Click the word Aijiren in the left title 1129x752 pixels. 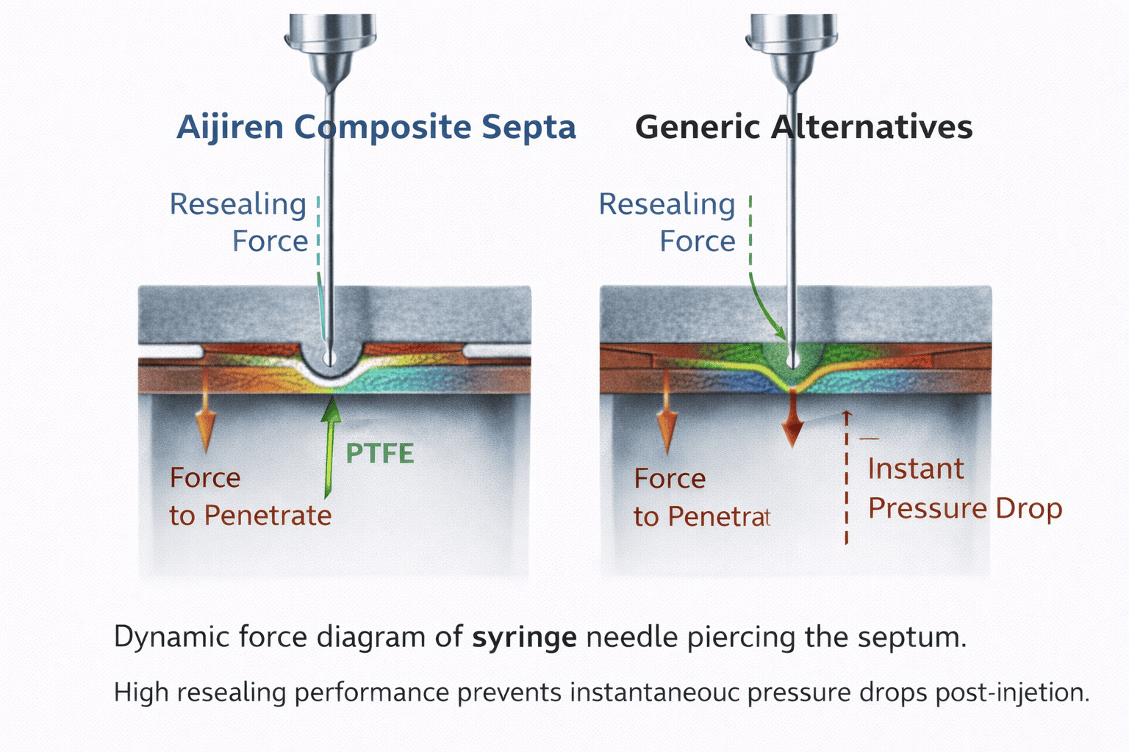pyautogui.click(x=229, y=127)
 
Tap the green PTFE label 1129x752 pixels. pyautogui.click(x=379, y=454)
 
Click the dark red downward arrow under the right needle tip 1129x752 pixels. pyautogui.click(x=792, y=422)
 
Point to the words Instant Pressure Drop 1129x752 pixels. pyautogui.click(x=964, y=488)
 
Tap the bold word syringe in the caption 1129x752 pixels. pyautogui.click(x=524, y=637)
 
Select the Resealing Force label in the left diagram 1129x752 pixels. pyautogui.click(x=240, y=222)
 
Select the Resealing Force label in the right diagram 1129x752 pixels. pyautogui.click(x=667, y=222)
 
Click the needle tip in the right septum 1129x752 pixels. pyautogui.click(x=792, y=359)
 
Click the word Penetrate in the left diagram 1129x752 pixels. pyautogui.click(x=268, y=516)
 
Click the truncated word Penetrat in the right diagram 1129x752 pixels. pyautogui.click(x=719, y=517)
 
